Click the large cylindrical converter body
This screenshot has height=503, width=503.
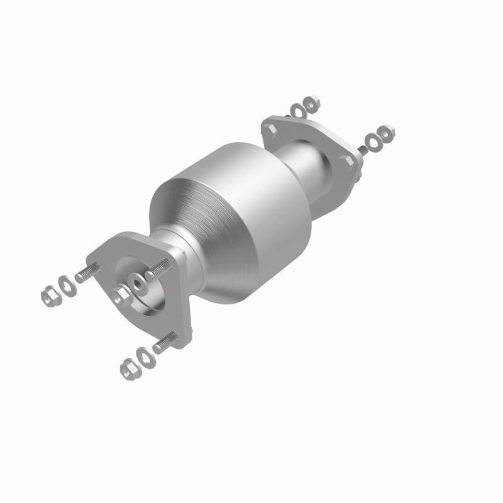(x=233, y=220)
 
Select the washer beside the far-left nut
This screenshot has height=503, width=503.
(x=65, y=284)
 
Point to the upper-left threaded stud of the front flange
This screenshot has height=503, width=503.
(x=87, y=274)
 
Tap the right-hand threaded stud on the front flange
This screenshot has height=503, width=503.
(x=158, y=269)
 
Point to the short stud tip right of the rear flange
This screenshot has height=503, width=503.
(x=362, y=151)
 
